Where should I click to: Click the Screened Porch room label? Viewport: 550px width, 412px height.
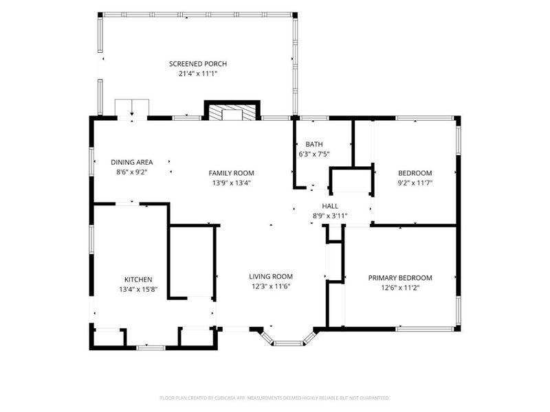coord(198,64)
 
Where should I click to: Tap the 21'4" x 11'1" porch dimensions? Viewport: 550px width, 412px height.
coord(198,74)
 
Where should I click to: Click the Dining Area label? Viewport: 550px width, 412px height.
coord(132,162)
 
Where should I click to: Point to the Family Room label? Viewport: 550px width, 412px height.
coord(231,173)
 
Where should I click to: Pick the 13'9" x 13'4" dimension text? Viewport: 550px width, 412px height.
coord(231,183)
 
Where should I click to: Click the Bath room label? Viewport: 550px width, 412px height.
coord(314,144)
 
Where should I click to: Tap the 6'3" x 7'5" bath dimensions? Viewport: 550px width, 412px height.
coord(314,154)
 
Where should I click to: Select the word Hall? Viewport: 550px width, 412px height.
coord(330,206)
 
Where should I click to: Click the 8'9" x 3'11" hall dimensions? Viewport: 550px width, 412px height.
coord(330,216)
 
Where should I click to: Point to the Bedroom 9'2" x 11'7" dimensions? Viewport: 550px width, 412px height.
coord(415,183)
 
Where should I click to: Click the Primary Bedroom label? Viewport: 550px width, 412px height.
coord(400,278)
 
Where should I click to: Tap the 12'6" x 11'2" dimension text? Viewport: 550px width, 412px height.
coord(400,288)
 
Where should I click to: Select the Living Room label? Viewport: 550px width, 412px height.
coord(271,277)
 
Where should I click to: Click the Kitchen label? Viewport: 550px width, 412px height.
coord(138,279)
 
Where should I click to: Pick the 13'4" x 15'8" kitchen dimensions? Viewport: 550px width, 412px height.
coord(138,289)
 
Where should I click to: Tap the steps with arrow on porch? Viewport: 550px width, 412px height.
coord(132,108)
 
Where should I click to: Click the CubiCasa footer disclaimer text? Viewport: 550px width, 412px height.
coord(274,398)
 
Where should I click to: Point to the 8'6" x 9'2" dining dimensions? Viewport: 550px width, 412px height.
coord(132,172)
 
